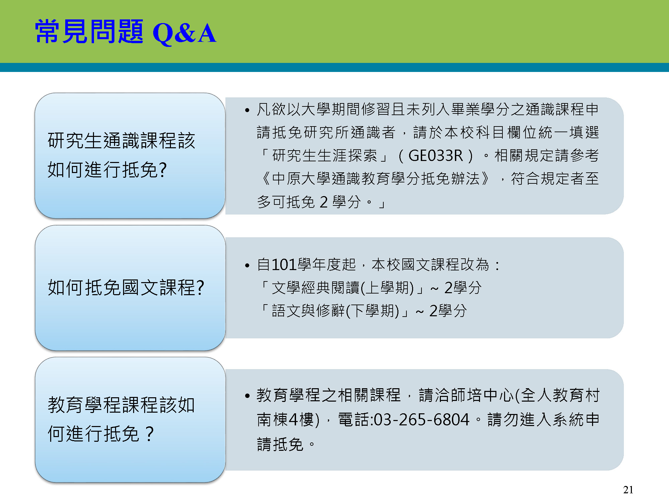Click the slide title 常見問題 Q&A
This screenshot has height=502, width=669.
click(126, 32)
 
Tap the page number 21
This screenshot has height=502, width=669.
click(628, 490)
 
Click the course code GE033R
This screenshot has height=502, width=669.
click(436, 156)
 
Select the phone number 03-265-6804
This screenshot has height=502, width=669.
click(421, 420)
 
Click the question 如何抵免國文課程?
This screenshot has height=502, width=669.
click(126, 287)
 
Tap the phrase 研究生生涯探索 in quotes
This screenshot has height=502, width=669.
click(325, 156)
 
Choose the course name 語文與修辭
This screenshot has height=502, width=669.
click(308, 311)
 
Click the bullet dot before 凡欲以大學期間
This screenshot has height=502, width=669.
click(247, 110)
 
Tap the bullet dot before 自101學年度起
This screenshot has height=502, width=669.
click(247, 266)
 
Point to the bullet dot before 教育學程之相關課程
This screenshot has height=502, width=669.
click(247, 396)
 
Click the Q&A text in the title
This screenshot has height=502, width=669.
click(184, 33)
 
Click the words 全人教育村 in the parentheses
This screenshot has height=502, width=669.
click(560, 395)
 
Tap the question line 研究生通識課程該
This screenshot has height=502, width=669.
click(121, 140)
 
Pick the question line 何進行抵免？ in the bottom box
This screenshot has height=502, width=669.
click(101, 434)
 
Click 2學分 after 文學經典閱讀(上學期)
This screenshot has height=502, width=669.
click(463, 288)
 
